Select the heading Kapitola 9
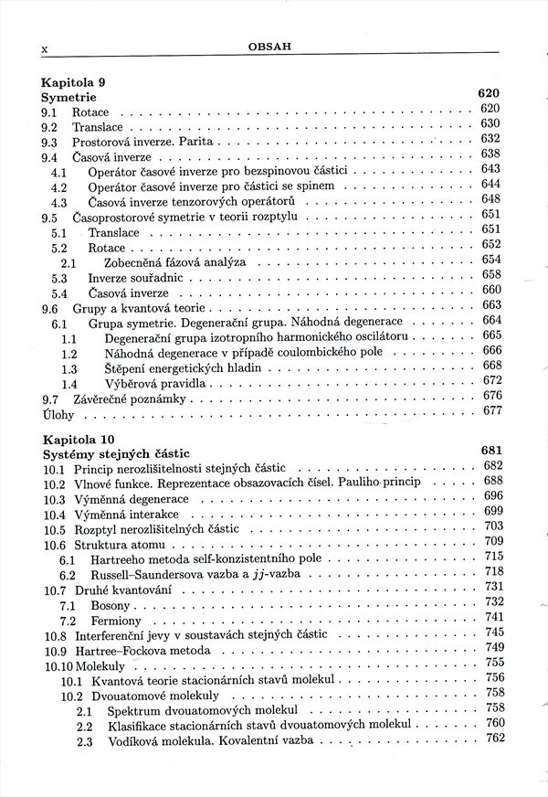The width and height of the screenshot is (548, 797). pos(72,80)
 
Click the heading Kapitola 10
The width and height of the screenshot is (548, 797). pos(76,436)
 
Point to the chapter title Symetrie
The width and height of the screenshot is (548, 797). pos(68,97)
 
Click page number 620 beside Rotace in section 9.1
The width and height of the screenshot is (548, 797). pos(490,110)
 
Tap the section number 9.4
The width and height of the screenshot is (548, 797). pos(50,157)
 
